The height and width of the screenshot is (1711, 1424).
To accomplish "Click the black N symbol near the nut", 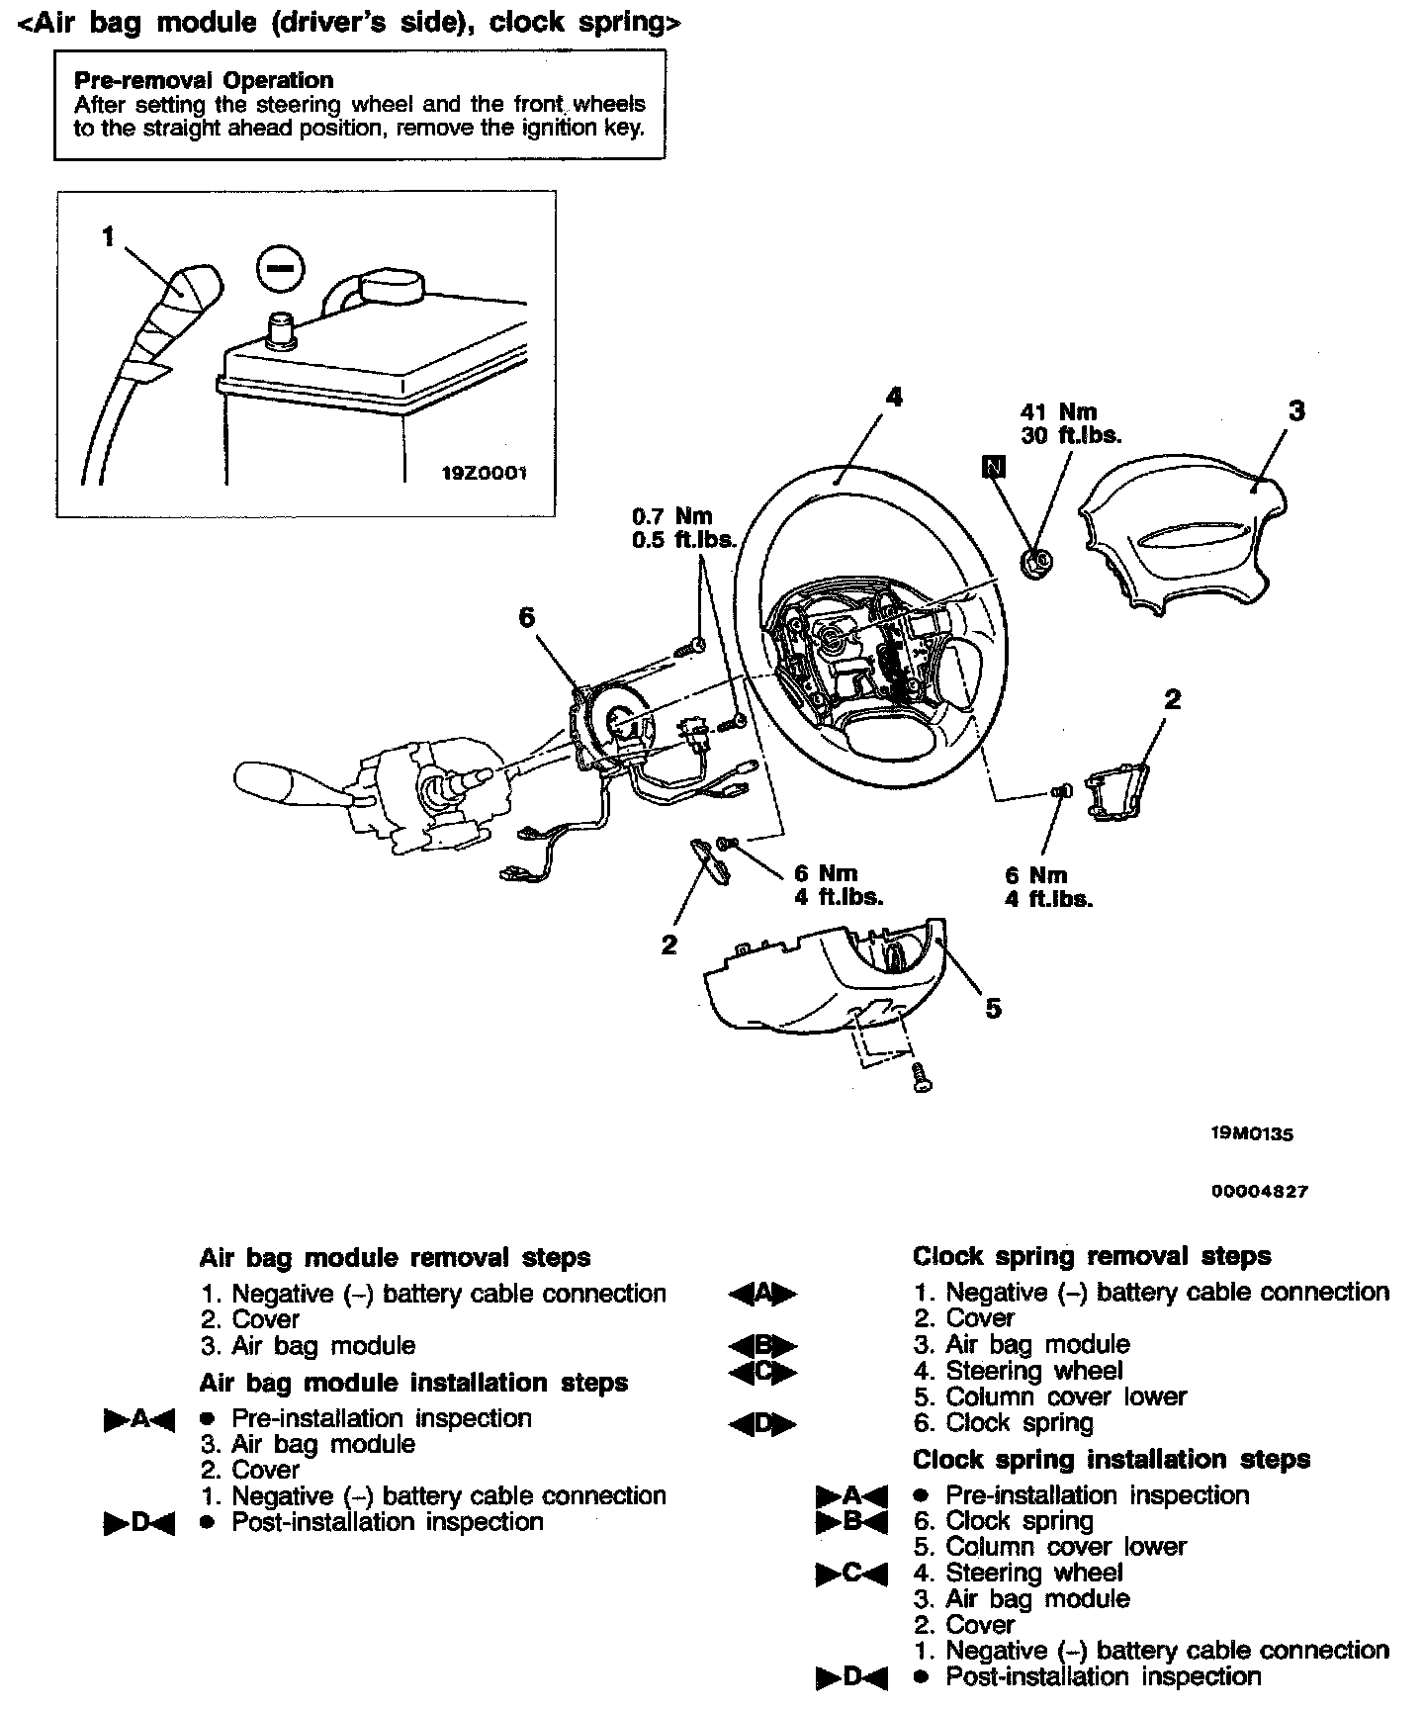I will [x=993, y=466].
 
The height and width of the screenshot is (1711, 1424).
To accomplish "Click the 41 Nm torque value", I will [x=1058, y=411].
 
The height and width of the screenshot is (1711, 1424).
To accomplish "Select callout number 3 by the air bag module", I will [x=1295, y=410].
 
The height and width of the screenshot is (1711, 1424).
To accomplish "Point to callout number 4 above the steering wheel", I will [x=893, y=397].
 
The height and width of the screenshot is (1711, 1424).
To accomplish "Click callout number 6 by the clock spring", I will [x=526, y=617].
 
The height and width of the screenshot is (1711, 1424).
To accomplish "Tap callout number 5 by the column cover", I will [x=993, y=1008].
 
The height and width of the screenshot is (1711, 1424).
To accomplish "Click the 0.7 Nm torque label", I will [x=672, y=516].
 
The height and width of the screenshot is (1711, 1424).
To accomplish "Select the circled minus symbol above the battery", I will [x=280, y=269].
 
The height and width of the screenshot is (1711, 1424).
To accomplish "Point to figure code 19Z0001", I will [x=484, y=473].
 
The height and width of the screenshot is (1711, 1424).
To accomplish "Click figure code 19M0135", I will [x=1251, y=1134].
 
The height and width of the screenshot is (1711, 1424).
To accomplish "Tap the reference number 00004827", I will [x=1259, y=1192].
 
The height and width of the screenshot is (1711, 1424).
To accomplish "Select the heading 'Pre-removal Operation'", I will [x=204, y=80].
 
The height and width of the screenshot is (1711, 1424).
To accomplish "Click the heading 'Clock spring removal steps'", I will [x=1092, y=1256].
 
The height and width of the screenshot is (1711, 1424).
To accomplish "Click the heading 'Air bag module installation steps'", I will [x=413, y=1382].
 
